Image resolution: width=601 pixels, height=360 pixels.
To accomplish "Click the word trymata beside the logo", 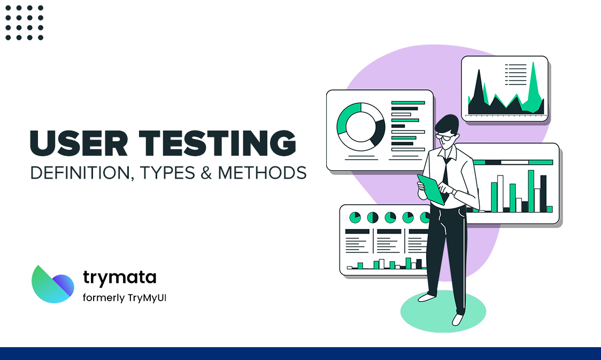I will coord(120,277).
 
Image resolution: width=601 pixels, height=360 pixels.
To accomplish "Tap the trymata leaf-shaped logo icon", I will coord(52,284).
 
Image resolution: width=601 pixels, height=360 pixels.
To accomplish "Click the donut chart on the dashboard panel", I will coord(360,127).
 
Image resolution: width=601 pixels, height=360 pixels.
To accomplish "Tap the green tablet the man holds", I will coord(431,189).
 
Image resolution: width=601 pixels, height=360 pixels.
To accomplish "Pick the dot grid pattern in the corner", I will coord(24,22).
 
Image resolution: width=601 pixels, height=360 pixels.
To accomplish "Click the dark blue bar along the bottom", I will coord(300,353).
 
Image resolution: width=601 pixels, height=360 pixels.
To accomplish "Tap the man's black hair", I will coord(447,124).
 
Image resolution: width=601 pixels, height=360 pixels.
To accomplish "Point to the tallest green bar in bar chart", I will coord(531,191).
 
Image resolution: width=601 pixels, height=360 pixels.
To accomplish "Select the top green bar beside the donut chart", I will coord(408,102).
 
